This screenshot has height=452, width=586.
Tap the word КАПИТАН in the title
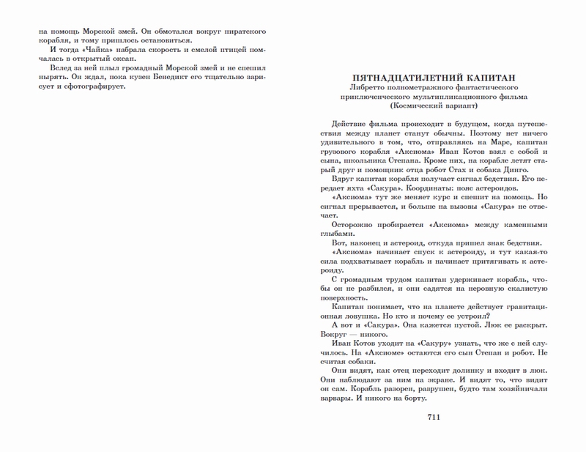click(x=488, y=76)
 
